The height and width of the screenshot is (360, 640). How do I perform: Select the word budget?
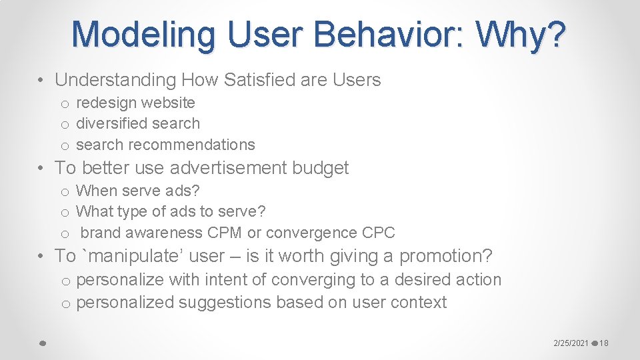[x=320, y=168]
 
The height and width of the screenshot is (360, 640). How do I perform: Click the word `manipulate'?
[x=125, y=256]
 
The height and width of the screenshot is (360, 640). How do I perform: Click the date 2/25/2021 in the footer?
[x=571, y=343]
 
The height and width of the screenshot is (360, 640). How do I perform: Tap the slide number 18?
[x=604, y=343]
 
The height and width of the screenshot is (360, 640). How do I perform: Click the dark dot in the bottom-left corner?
[x=41, y=343]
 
